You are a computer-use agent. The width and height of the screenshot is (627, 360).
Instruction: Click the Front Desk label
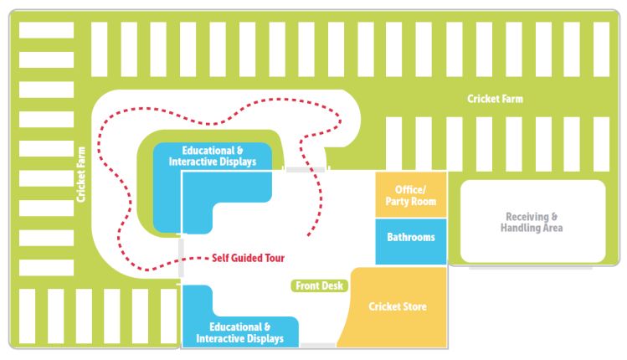320,285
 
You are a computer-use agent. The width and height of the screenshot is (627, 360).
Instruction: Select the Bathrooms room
410,241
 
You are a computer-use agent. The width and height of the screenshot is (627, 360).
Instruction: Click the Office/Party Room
410,195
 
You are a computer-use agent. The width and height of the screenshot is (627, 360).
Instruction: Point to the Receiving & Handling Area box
532,222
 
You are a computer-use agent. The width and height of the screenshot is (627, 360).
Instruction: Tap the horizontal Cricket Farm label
495,99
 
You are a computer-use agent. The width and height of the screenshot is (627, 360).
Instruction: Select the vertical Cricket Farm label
81,173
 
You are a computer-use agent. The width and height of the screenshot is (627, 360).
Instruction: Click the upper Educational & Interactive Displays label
213,157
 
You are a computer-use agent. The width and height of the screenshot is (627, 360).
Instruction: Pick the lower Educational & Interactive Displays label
240,332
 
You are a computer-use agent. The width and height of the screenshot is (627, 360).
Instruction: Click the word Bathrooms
410,237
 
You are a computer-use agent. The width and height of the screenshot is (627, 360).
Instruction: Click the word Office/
410,190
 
